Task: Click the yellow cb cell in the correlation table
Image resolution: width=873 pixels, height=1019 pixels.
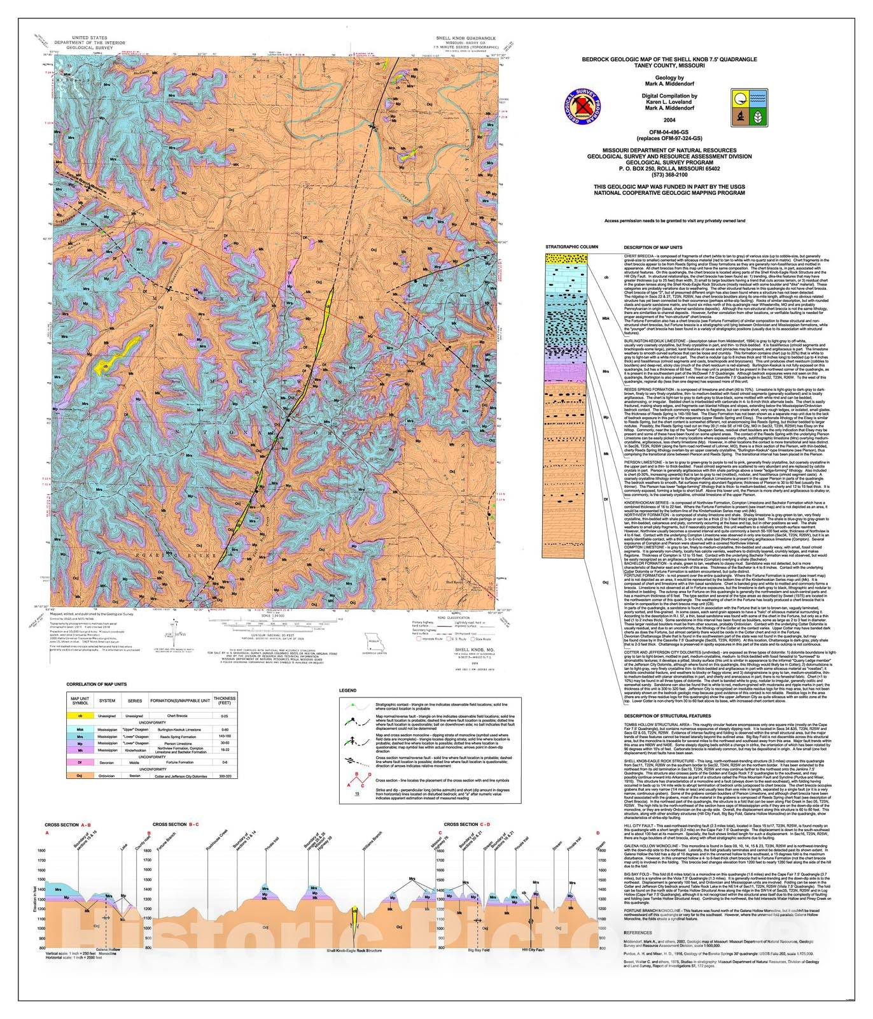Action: click(x=80, y=716)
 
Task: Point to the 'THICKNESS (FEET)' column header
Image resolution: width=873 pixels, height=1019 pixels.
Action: click(x=224, y=701)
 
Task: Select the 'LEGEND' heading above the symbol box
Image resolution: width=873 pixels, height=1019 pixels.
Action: click(x=347, y=690)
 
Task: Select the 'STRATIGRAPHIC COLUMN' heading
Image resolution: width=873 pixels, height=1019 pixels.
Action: click(x=572, y=246)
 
